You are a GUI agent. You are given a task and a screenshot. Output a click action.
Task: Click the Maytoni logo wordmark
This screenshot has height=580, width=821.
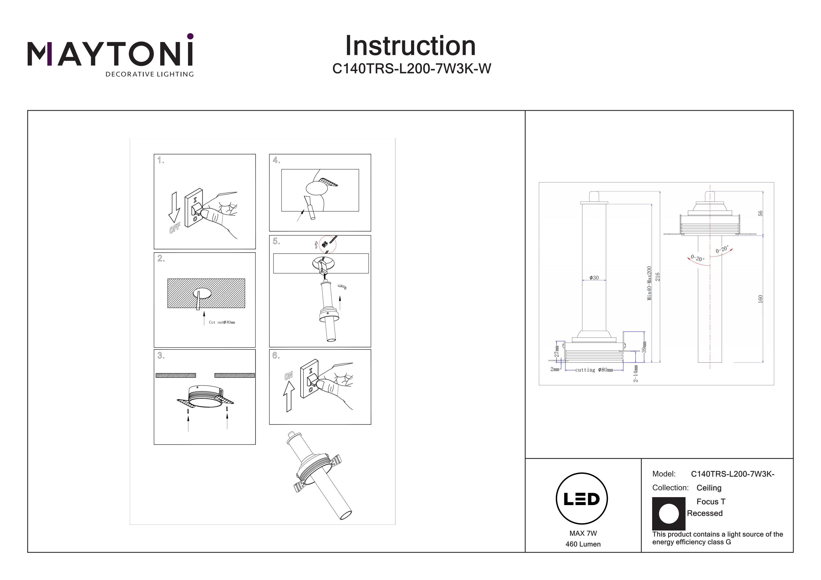[110, 54]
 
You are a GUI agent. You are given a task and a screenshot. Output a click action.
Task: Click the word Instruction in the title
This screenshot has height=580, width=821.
[410, 46]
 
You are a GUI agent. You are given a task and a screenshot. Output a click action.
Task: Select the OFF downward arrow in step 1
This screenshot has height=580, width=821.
[174, 207]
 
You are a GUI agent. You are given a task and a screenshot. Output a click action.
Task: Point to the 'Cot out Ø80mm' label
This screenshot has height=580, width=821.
[222, 322]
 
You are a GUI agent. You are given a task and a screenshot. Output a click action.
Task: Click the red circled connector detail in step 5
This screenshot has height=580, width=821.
[327, 244]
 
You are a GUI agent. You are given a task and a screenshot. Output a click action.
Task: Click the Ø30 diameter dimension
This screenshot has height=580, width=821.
[594, 278]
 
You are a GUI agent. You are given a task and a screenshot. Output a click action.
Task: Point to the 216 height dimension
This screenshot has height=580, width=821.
[657, 277]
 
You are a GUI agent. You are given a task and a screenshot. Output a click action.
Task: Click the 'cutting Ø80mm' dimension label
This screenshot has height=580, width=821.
[594, 370]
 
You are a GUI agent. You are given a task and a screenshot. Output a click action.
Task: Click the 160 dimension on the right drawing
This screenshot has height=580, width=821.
[761, 299]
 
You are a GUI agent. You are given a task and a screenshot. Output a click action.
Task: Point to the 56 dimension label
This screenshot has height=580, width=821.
[761, 213]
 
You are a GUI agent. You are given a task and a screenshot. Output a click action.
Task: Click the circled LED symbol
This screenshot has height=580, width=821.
[582, 499]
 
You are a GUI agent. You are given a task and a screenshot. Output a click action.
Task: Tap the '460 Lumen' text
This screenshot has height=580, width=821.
[583, 544]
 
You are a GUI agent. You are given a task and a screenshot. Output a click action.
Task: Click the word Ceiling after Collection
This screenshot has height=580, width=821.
[709, 488]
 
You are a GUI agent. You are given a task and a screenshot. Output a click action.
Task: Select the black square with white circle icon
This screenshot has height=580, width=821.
[669, 514]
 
